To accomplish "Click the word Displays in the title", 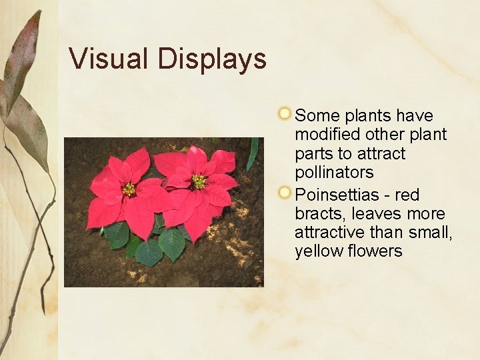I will click(x=212, y=60).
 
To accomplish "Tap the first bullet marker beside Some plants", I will click(x=285, y=113).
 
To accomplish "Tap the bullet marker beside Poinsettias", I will click(x=285, y=193).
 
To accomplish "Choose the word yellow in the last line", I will click(x=319, y=251).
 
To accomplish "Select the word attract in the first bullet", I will click(x=381, y=153).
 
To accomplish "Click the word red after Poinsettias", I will click(x=407, y=195).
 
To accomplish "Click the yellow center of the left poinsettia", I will click(x=128, y=189).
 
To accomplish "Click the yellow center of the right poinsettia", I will click(x=198, y=181).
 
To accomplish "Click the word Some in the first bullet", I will click(x=317, y=115).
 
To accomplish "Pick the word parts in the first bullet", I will click(x=315, y=154).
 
